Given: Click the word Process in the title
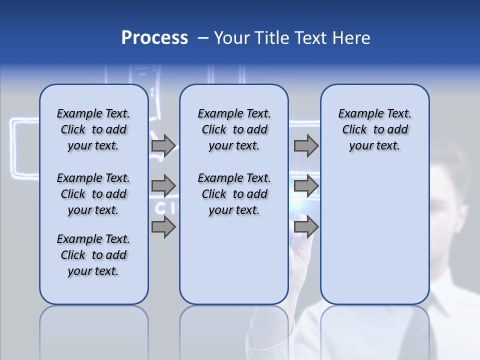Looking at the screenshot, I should coord(154,38).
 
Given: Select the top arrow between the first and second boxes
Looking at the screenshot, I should coord(163,145).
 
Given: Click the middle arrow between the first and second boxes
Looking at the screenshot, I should coord(163,186).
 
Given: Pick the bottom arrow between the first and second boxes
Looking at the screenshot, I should coord(163,227).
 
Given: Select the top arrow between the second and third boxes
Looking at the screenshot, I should coord(306,145).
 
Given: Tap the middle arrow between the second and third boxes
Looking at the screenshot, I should coord(306,186).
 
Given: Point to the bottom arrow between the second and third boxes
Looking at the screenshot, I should coord(306,227).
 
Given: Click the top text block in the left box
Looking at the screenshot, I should coord(93,129).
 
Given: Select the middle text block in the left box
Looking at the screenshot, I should coord(93,194).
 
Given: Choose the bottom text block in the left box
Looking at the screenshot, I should coord(93,255).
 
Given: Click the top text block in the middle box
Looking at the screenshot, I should coord(234,129).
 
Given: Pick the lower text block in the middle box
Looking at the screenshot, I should coord(234,194).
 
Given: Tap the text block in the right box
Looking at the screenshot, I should coord(375,129).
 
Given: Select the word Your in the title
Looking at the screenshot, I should coord(231,38).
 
